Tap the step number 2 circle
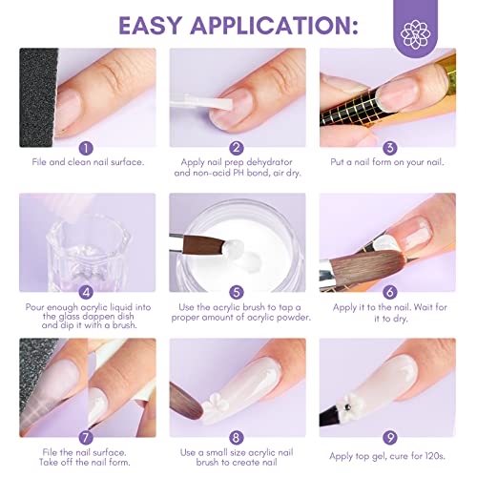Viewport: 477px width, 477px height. (x=238, y=148)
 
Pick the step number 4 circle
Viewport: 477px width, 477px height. (x=88, y=293)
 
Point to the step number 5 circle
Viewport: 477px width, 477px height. (x=238, y=293)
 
